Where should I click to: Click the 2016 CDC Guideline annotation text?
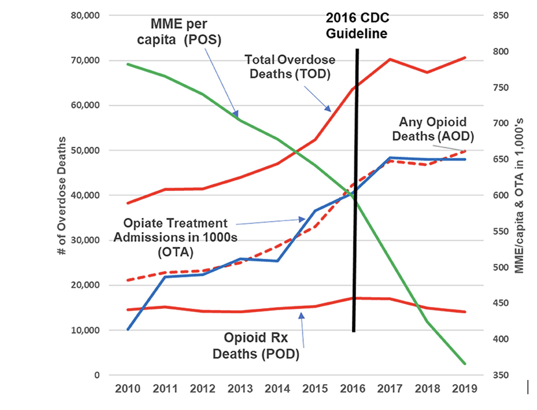357,26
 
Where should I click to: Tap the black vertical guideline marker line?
355,190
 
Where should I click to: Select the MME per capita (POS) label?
179,32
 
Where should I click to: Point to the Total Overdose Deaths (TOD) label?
290,67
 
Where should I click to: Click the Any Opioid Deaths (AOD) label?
433,129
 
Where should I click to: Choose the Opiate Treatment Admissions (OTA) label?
175,237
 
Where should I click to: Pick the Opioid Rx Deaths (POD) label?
256,346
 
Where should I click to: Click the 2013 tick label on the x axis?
240,389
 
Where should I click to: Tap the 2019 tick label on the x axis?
464,389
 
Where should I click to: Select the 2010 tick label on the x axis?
128,389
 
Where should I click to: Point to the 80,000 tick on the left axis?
85,15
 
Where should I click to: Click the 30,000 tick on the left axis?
85,240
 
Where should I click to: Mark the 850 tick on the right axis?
501,15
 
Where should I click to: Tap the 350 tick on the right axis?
501,375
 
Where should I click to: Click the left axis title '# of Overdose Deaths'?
62,196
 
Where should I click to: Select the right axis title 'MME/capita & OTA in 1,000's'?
519,196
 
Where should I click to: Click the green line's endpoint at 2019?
465,363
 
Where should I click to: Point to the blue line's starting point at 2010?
128,329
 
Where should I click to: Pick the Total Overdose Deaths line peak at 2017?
390,60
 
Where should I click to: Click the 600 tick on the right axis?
501,195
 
